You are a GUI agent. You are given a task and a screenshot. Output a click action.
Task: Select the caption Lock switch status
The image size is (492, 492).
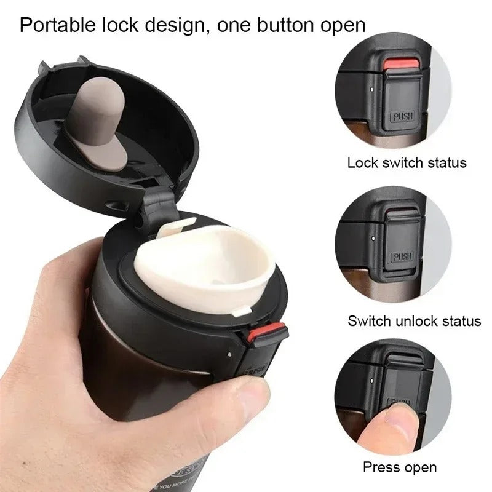coord(407,163)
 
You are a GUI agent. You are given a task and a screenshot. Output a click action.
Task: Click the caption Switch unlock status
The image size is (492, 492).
coord(414,320)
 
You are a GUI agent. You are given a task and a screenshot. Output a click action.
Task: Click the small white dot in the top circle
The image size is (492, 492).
coord(373,89)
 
